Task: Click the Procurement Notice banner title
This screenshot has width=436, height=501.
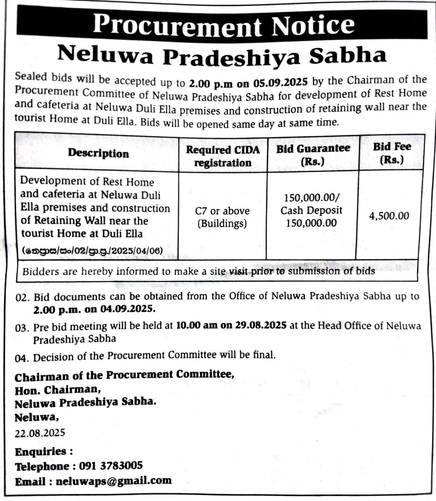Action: [223, 25]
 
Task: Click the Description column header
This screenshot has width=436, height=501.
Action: [98, 153]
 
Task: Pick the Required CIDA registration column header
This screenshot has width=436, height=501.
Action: [222, 156]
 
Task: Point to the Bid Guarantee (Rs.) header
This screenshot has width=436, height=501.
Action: [313, 154]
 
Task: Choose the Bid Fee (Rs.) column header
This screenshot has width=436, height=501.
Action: [392, 153]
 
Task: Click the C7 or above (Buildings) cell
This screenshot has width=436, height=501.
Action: [222, 217]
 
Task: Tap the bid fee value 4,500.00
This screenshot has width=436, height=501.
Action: [389, 216]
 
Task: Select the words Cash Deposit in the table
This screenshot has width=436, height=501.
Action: [311, 211]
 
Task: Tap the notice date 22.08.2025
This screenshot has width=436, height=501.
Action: [40, 433]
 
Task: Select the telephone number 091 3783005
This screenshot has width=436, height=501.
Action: [111, 466]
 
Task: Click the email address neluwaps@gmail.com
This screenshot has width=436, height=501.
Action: [113, 481]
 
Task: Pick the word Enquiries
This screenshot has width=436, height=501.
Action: [40, 451]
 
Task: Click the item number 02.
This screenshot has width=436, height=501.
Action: [22, 298]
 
